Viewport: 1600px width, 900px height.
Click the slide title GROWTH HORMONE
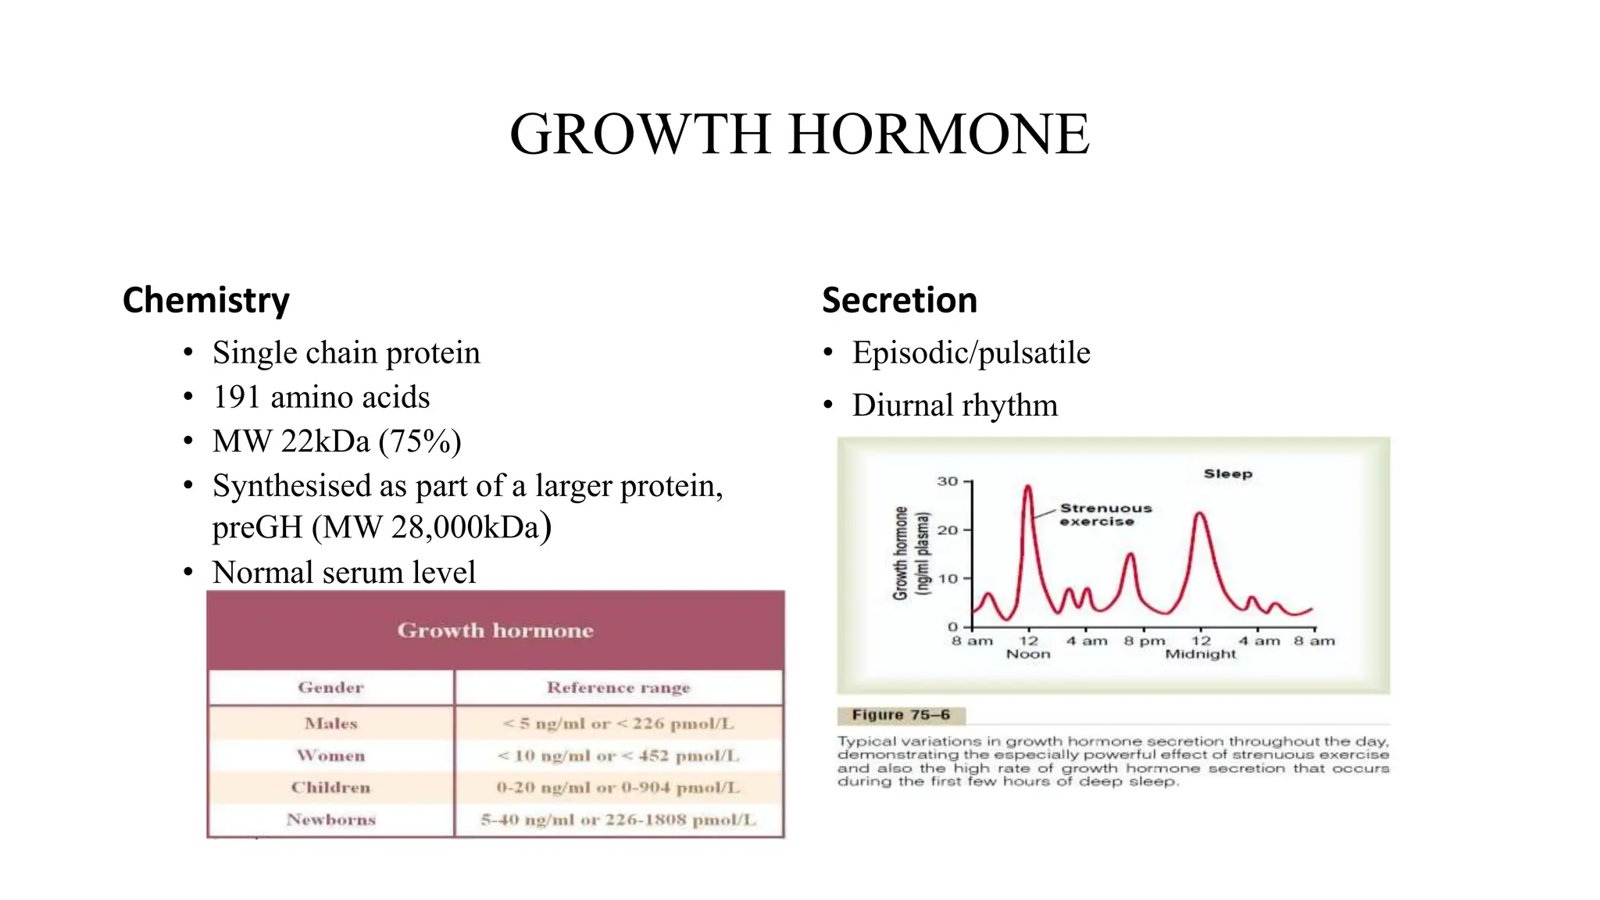pyautogui.click(x=799, y=134)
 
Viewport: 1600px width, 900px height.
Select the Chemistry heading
pyautogui.click(x=206, y=301)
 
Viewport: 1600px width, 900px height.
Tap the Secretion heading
pyautogui.click(x=899, y=301)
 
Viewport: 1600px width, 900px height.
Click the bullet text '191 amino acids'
pyautogui.click(x=321, y=397)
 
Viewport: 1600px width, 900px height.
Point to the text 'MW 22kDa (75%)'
pyautogui.click(x=337, y=441)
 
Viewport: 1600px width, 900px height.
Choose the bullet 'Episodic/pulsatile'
pyautogui.click(x=970, y=353)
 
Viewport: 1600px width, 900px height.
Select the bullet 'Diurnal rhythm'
pyautogui.click(x=955, y=405)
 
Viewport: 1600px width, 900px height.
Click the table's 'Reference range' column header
pyautogui.click(x=618, y=687)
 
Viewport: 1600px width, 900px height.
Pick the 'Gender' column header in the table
pyautogui.click(x=330, y=687)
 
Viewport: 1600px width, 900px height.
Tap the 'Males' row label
pyautogui.click(x=330, y=723)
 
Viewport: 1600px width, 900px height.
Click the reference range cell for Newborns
pyautogui.click(x=618, y=820)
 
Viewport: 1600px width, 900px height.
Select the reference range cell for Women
pyautogui.click(x=618, y=755)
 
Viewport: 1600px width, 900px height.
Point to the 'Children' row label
pyautogui.click(x=330, y=787)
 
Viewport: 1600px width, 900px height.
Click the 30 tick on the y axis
pyautogui.click(x=948, y=481)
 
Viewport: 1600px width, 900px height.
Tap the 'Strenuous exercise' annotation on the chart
pyautogui.click(x=1105, y=515)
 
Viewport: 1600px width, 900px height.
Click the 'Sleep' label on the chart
pyautogui.click(x=1227, y=473)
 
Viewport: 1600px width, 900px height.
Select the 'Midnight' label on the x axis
pyautogui.click(x=1201, y=654)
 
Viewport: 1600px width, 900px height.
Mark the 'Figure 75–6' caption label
pyautogui.click(x=901, y=715)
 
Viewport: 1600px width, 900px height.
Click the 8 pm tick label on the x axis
pyautogui.click(x=1145, y=641)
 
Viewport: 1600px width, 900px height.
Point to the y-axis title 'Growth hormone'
pyautogui.click(x=901, y=553)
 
